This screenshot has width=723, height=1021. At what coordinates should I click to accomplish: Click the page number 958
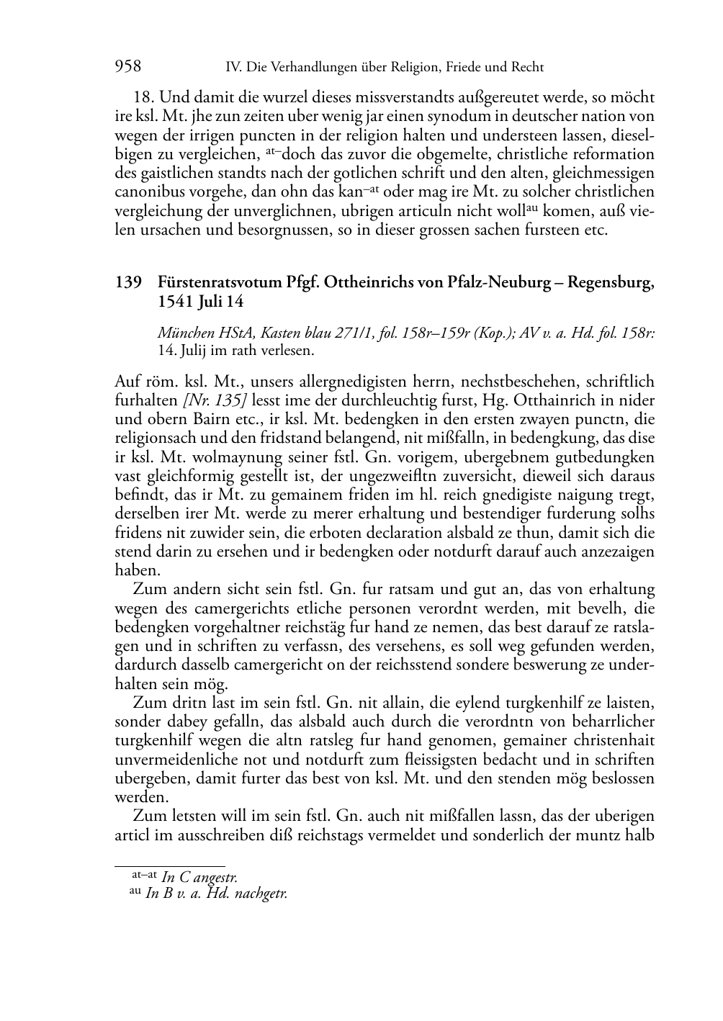(x=127, y=67)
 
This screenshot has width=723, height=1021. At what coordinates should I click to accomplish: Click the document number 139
(x=127, y=283)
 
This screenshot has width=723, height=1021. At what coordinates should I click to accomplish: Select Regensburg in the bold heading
(x=611, y=283)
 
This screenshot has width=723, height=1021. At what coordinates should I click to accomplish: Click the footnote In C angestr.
(x=199, y=878)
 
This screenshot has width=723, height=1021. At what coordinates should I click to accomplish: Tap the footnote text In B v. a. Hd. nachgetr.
(x=216, y=894)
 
